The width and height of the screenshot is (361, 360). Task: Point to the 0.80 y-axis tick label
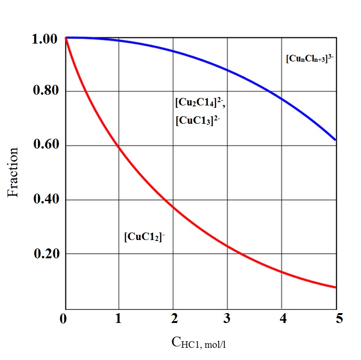click(44, 90)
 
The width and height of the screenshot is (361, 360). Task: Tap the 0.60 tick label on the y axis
click(44, 145)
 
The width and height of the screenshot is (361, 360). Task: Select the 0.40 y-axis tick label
click(44, 199)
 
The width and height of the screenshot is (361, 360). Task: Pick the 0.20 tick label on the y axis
click(44, 254)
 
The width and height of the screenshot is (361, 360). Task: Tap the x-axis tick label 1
click(118, 320)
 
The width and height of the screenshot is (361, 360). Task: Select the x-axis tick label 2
click(173, 320)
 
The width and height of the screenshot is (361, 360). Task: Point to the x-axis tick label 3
click(228, 320)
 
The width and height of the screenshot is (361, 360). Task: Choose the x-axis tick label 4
click(282, 320)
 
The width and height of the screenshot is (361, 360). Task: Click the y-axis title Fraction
click(14, 172)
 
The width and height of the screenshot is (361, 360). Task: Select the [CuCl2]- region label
click(145, 237)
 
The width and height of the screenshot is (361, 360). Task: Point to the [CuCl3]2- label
click(197, 120)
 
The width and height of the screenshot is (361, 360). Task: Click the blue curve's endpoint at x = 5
click(336, 140)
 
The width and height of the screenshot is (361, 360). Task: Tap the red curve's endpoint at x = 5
click(336, 287)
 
